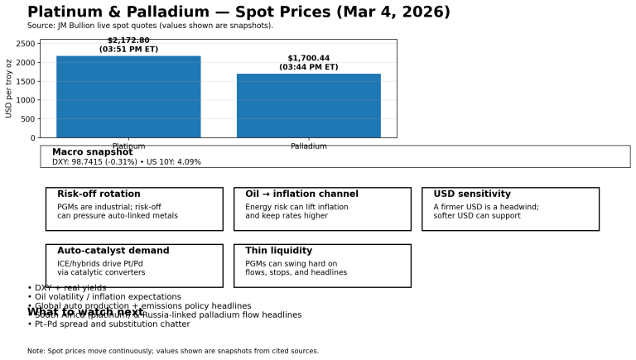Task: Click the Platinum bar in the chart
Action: pos(128,97)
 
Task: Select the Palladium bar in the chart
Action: pos(309,106)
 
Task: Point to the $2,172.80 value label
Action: pos(128,41)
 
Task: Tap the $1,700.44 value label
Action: pos(309,59)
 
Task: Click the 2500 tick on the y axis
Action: pos(26,44)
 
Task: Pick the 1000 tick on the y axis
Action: pos(26,100)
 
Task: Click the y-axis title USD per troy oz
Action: pos(9,89)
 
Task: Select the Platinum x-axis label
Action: pos(128,146)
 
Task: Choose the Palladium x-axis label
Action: pos(309,146)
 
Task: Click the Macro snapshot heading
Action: pos(92,152)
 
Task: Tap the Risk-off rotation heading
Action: pos(99,194)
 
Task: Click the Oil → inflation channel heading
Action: pos(301,194)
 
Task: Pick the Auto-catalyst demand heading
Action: pos(113,251)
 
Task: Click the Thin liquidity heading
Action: pos(278,251)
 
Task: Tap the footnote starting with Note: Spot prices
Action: pos(172,351)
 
